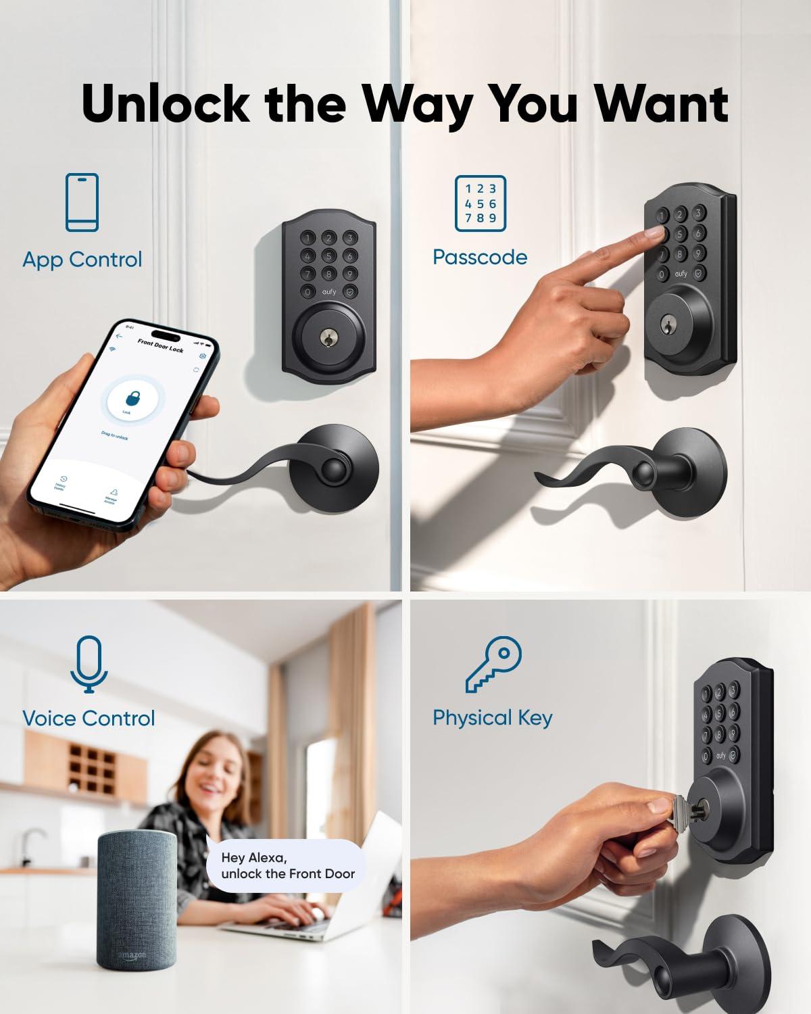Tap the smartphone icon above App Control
tap(82, 202)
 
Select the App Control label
tap(82, 260)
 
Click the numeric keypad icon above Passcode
tap(480, 203)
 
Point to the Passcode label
tap(480, 257)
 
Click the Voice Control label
tap(89, 718)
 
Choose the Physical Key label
tap(492, 718)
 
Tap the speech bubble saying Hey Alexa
tap(287, 866)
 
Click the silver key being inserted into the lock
tap(677, 806)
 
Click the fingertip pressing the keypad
tap(654, 233)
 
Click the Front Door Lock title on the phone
tap(160, 345)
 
